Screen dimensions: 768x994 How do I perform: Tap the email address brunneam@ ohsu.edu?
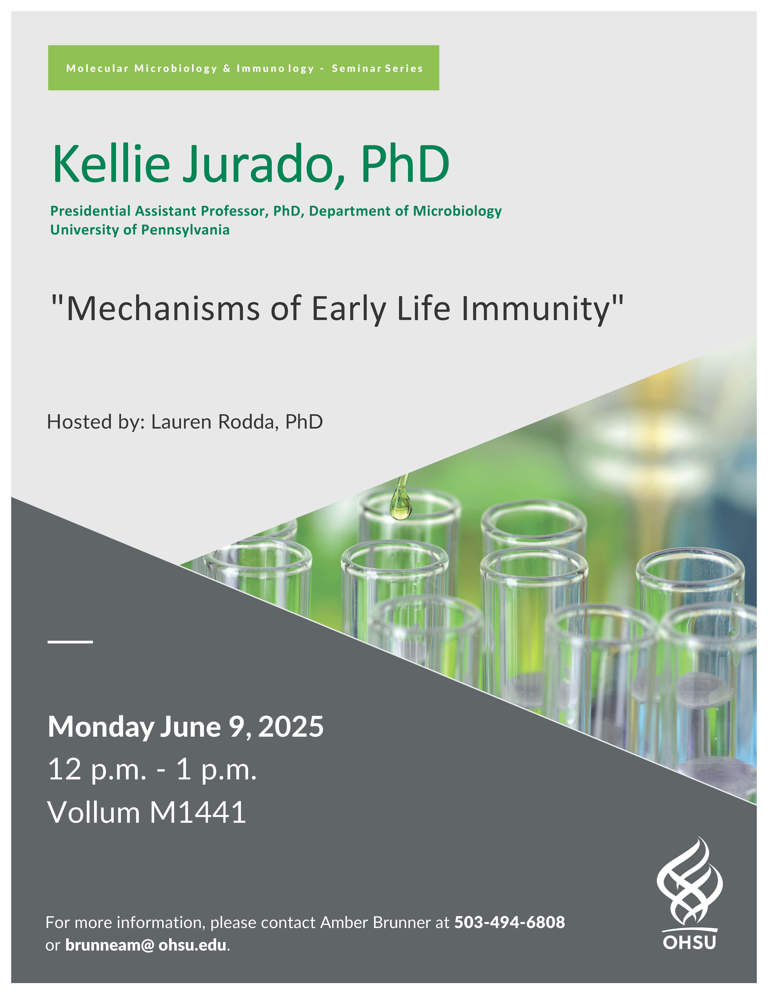(146, 945)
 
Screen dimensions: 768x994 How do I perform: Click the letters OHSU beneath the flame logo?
(689, 942)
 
